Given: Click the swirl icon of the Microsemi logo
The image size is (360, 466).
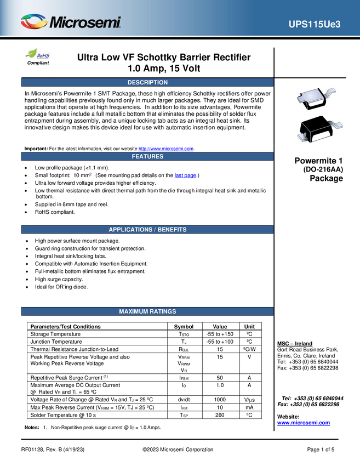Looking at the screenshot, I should pos(33,22).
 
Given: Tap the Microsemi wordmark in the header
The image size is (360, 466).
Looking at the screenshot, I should pos(85,23).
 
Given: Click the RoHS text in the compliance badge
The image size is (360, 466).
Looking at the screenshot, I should pos(44,55).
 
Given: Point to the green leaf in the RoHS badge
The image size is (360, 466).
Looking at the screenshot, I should pos(32,54).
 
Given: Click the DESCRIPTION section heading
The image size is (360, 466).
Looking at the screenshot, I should pos(147,82).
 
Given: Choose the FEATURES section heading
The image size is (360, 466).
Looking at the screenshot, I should pos(147,156).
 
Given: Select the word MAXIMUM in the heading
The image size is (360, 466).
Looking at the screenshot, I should pos(133,311).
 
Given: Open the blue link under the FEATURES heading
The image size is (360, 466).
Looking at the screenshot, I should pos(185,175).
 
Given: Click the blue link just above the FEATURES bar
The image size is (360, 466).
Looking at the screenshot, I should pos(166,147).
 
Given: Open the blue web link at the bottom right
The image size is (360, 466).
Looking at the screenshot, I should pos(304,423).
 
